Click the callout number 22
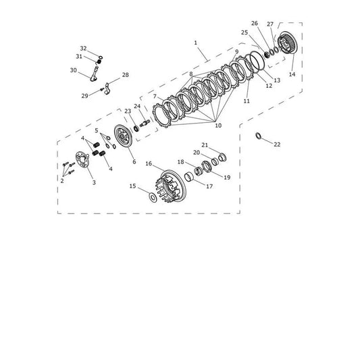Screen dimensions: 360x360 [277, 145]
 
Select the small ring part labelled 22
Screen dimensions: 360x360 [258, 136]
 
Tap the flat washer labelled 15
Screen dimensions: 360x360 [153, 197]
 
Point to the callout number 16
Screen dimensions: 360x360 [149, 163]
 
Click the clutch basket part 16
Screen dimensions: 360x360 [172, 186]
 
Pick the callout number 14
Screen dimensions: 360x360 [292, 74]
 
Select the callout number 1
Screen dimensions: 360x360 [195, 43]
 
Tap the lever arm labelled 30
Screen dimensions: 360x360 [95, 74]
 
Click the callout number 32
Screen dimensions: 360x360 [83, 49]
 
